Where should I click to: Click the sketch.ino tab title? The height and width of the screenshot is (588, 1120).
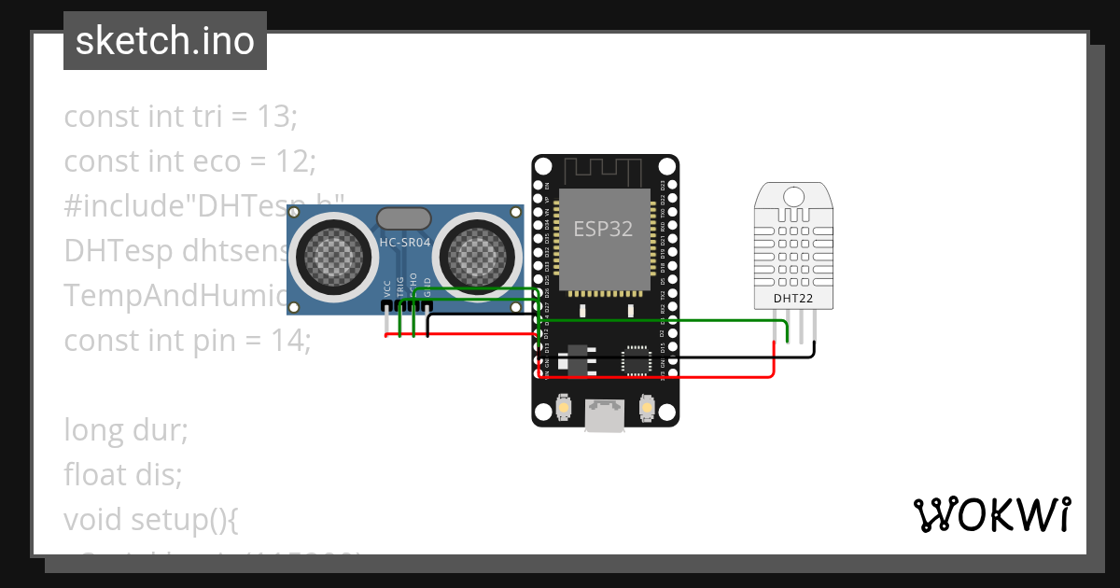pos(165,41)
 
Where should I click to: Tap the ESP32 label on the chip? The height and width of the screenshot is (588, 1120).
pos(603,230)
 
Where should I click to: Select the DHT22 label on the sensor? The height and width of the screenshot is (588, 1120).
pos(792,299)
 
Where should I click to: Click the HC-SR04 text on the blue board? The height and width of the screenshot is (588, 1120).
pos(404,243)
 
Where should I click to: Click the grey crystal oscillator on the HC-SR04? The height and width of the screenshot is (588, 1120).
pos(403,218)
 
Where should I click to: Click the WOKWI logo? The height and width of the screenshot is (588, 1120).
pos(991,514)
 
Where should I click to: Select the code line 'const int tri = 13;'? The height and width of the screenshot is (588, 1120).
pos(180,118)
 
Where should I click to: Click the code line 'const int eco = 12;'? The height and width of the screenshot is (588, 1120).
pos(190,161)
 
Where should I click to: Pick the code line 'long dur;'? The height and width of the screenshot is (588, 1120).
pos(126,430)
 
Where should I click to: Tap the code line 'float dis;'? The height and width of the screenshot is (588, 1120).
pos(122,475)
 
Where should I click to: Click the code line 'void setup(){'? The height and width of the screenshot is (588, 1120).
pos(151,519)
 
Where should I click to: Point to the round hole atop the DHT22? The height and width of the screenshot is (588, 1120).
pos(793,197)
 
